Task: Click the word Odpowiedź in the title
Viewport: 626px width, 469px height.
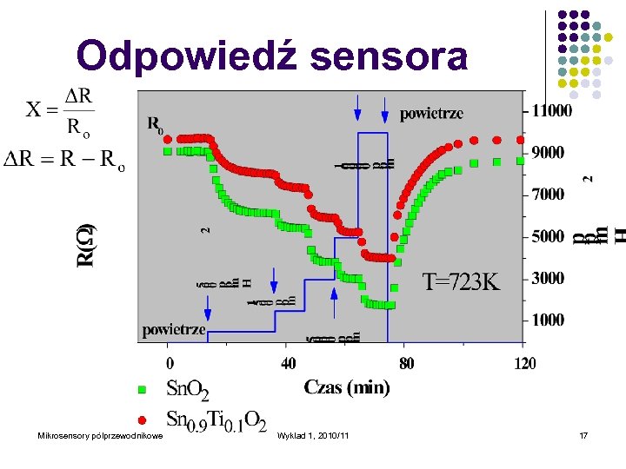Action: coord(186,56)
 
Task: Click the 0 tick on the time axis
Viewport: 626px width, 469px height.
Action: coord(170,362)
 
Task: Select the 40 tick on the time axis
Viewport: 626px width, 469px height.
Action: coord(288,362)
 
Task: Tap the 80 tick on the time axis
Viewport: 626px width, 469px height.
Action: coord(406,362)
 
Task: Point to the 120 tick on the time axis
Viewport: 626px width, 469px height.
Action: coord(524,362)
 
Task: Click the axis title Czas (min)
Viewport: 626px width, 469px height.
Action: coord(347,387)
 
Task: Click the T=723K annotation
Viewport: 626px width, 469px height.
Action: coord(462,281)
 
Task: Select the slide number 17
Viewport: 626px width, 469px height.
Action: coord(583,435)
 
